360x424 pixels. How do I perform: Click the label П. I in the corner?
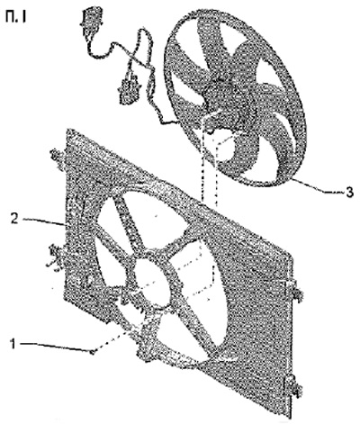point(15,17)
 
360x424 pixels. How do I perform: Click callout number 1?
point(13,344)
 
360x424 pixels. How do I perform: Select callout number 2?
point(14,219)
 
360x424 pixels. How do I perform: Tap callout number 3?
point(349,193)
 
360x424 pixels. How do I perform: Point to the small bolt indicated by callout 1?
point(93,351)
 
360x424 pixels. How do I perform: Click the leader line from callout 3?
point(318,185)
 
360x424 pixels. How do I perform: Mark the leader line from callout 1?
point(54,347)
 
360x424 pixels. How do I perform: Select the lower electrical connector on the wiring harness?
point(129,88)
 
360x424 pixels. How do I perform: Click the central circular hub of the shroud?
point(153,282)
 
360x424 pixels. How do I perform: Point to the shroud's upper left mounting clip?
point(58,156)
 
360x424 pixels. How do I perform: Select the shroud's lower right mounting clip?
point(292,385)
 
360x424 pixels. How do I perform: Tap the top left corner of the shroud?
point(67,130)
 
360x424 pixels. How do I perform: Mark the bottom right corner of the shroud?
point(290,418)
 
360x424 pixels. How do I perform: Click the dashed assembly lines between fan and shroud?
point(209,168)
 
